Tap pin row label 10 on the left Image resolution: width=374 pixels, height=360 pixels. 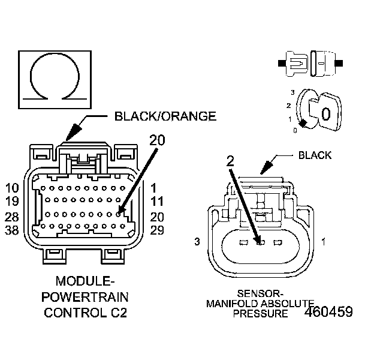click(x=13, y=188)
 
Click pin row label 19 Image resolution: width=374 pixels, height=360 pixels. click(x=13, y=202)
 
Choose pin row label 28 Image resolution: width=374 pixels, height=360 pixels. click(x=13, y=217)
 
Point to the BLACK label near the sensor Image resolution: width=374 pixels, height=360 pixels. click(x=315, y=155)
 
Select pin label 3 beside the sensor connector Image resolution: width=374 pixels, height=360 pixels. click(x=196, y=242)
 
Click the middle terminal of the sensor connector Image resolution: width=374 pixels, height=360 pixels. click(x=260, y=242)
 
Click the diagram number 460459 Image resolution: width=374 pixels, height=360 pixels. click(x=328, y=313)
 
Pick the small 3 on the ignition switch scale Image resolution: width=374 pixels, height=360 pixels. click(x=292, y=92)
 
